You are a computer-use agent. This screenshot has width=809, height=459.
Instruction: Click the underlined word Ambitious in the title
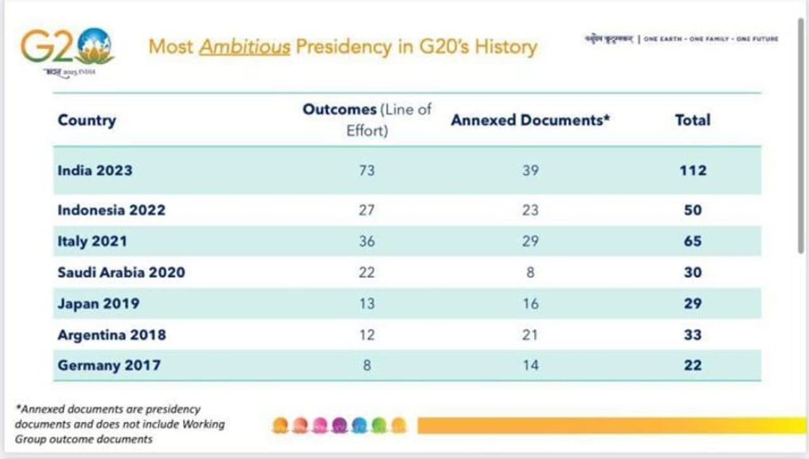point(245,47)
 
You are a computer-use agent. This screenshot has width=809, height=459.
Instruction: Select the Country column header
point(87,120)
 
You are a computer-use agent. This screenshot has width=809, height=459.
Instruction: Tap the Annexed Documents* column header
point(530,120)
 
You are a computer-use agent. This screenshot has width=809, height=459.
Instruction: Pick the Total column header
point(693,120)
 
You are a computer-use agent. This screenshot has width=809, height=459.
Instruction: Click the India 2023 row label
point(95,170)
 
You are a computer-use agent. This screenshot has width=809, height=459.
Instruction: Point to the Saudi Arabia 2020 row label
point(121,272)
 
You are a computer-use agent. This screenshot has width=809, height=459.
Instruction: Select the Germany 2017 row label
point(109,365)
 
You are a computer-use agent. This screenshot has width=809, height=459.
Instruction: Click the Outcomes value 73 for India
point(367,170)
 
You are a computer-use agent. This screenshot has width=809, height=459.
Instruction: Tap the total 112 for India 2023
point(693,170)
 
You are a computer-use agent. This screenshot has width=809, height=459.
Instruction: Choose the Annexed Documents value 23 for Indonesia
point(530,210)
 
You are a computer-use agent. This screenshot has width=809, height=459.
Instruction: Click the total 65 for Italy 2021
point(693,241)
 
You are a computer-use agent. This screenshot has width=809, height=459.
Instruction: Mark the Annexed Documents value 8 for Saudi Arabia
point(530,272)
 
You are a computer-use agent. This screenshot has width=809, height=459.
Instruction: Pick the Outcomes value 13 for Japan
point(367,303)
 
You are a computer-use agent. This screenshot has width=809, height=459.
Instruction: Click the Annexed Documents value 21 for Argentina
point(530,334)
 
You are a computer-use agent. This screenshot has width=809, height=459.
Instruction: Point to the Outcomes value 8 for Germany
point(367,365)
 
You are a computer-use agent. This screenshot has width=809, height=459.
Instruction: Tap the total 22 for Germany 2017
point(693,365)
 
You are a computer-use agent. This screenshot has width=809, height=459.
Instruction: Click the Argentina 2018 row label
point(111,334)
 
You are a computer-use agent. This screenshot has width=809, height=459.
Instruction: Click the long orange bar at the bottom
point(610,425)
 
